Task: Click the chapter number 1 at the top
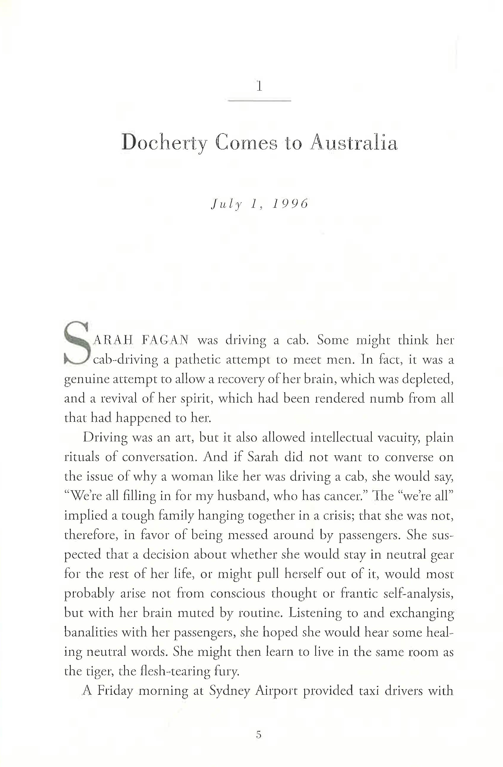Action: [259, 86]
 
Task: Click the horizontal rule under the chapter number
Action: [259, 101]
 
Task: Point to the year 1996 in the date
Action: [290, 204]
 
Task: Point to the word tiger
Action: [96, 671]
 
